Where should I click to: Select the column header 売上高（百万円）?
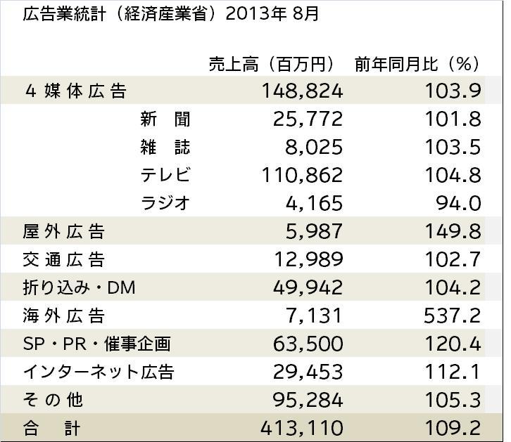(272, 64)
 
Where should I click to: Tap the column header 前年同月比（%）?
(417, 64)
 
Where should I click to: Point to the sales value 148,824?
(302, 91)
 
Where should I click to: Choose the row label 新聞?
(165, 119)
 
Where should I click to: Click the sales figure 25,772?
(308, 119)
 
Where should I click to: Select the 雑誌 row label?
(165, 148)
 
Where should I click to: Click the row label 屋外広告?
(63, 231)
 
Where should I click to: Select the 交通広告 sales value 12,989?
(308, 259)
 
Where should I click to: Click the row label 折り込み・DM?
(79, 287)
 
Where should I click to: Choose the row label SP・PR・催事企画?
(97, 344)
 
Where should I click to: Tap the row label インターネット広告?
(99, 372)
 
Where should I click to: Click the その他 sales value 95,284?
(308, 400)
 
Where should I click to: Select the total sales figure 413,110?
(302, 427)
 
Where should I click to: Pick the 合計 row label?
(52, 427)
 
